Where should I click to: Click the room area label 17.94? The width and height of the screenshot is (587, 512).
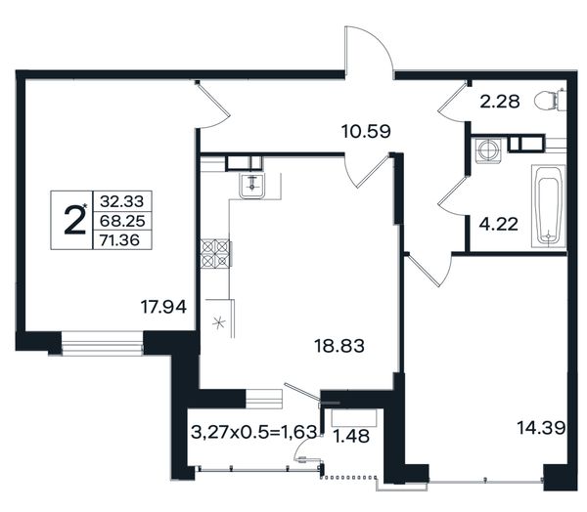click(x=163, y=307)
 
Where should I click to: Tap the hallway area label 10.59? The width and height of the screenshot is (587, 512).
click(x=366, y=131)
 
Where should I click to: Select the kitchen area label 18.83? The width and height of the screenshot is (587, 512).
click(x=339, y=346)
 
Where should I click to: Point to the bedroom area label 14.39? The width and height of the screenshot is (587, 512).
click(x=541, y=427)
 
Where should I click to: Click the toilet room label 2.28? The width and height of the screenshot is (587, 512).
click(x=500, y=102)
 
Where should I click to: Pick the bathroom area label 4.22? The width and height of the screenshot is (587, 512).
click(x=499, y=225)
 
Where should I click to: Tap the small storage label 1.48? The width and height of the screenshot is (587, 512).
click(x=351, y=436)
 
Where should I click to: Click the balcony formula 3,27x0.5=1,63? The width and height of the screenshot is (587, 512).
click(x=253, y=432)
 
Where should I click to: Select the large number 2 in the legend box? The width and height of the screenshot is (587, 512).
click(x=74, y=220)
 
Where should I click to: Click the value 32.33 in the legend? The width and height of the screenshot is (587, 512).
click(x=121, y=201)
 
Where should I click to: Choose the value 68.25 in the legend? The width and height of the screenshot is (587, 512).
click(x=122, y=221)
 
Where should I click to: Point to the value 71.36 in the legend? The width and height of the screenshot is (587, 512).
click(x=119, y=240)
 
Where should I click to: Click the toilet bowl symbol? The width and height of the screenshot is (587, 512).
click(x=550, y=100)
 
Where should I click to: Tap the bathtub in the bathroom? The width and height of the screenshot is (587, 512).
click(x=549, y=206)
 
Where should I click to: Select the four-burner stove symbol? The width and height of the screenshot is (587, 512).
click(x=215, y=254)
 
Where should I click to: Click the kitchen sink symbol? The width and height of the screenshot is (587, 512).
click(x=252, y=187)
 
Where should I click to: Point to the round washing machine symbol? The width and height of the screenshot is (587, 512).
click(x=488, y=150)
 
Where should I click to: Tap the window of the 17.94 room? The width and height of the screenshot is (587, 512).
click(x=102, y=343)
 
